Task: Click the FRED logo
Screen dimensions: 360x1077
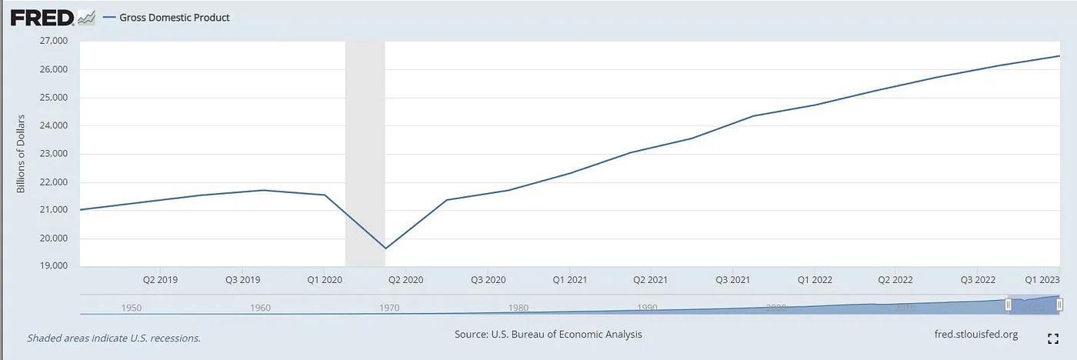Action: click(42, 18)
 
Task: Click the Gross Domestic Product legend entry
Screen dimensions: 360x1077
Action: click(174, 18)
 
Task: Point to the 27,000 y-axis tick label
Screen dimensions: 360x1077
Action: click(53, 41)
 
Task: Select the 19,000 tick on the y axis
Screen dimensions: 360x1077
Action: click(53, 266)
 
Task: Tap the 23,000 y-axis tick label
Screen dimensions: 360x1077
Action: click(53, 154)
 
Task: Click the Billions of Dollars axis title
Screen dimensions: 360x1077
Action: click(22, 153)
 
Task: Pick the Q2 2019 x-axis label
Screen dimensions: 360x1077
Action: click(160, 280)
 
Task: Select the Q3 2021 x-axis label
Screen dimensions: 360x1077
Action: click(732, 280)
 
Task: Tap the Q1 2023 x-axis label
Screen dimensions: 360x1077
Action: click(1043, 280)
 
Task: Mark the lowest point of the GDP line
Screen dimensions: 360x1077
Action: click(385, 248)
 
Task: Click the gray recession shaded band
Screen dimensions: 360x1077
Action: click(365, 154)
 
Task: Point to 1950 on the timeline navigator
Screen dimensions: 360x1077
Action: click(132, 308)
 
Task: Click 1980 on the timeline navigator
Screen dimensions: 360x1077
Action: click(518, 308)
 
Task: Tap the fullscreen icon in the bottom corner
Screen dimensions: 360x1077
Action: click(1053, 338)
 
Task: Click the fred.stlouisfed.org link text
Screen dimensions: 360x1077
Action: click(975, 335)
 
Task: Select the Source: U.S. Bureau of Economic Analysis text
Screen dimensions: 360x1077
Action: click(548, 335)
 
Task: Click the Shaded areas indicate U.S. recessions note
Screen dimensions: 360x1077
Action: click(114, 338)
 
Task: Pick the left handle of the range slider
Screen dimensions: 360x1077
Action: click(1008, 305)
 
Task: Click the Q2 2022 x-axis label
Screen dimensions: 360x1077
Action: click(895, 280)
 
